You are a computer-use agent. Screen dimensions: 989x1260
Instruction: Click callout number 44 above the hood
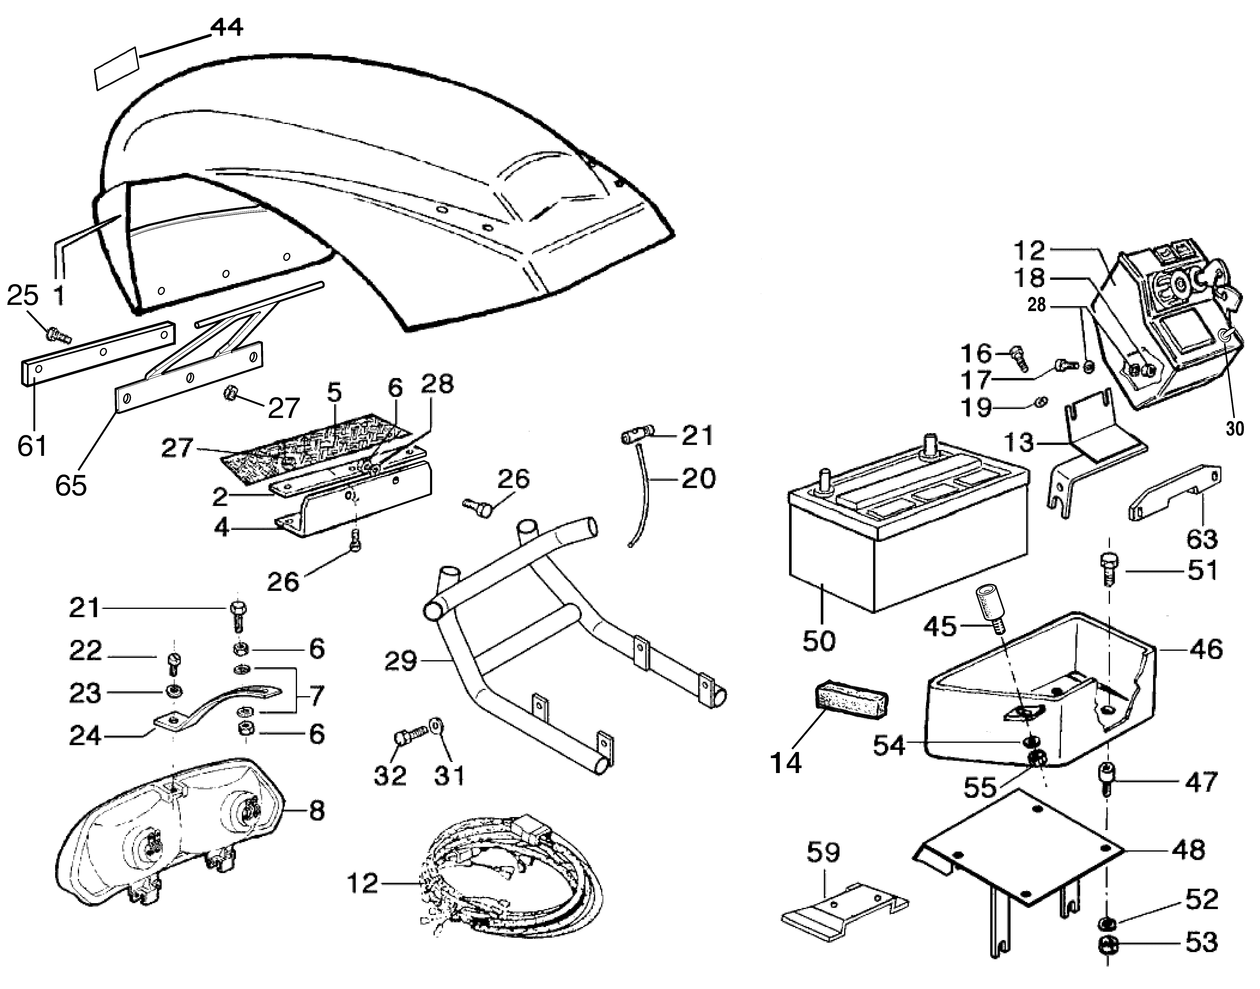point(226,27)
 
